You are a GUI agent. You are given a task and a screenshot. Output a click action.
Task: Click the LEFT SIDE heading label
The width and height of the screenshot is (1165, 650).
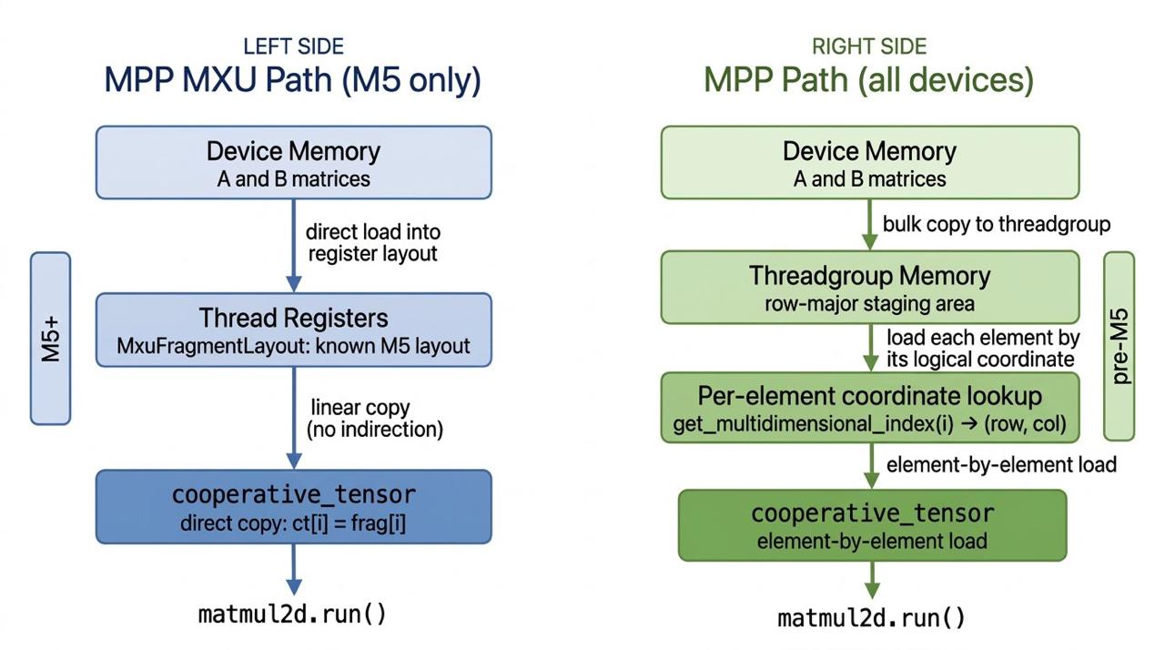coord(293,46)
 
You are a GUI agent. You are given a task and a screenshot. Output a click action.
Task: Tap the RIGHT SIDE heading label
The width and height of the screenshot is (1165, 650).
coord(869,46)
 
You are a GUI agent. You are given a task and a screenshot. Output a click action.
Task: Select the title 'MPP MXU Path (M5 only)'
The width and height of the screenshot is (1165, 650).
coord(293,80)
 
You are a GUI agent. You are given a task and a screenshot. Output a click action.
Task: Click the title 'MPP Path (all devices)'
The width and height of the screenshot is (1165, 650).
coord(869,80)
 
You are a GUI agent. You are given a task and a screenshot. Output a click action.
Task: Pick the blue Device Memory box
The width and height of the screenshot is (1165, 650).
coord(293,162)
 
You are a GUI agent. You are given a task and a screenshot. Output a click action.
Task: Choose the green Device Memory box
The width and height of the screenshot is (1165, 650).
coord(869,162)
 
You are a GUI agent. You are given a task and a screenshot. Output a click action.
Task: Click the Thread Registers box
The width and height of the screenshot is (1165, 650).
coord(293,330)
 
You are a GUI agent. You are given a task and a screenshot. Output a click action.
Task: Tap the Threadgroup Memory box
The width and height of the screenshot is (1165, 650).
coord(869,287)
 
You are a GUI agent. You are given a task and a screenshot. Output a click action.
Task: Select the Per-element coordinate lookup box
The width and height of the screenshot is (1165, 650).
coord(869,408)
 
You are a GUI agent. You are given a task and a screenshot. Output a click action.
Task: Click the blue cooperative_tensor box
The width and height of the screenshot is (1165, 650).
coord(293,506)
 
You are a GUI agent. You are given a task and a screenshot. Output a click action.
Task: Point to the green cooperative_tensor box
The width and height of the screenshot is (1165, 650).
coord(872,525)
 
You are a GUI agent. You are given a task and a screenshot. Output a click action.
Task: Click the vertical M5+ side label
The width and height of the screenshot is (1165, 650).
coord(50,339)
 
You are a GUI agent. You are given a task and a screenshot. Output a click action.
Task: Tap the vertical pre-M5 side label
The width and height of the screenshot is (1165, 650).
coord(1119,346)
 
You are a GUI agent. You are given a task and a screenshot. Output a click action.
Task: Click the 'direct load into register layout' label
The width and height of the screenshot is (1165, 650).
coord(373,242)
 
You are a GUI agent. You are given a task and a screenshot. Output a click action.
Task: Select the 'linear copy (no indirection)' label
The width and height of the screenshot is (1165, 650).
coord(375,418)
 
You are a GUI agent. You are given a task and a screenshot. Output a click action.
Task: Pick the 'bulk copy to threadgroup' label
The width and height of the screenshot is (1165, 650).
coord(997,224)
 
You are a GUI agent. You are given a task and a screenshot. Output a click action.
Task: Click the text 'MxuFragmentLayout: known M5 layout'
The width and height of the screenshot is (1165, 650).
coord(293,347)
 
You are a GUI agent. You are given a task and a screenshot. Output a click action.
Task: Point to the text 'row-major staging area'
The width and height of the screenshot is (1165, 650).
coord(869,303)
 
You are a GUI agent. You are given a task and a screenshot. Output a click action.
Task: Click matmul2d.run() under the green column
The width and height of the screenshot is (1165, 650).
coord(871,618)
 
